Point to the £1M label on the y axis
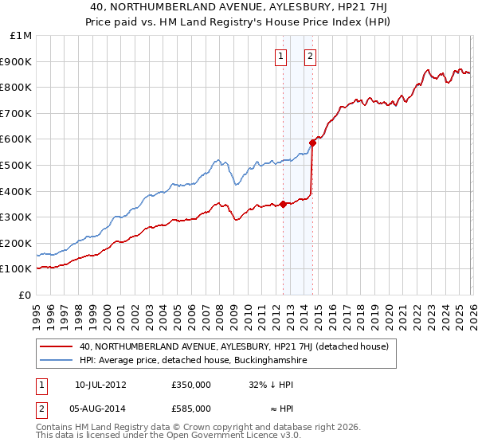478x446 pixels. (x=22, y=35)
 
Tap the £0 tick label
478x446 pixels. (x=26, y=295)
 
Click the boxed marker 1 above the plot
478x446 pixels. (x=282, y=56)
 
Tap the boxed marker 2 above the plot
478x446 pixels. (x=309, y=56)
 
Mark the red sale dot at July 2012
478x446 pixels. (x=283, y=204)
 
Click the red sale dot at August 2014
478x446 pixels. (x=312, y=143)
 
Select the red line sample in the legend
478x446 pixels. (x=57, y=346)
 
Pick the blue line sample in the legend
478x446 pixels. (x=57, y=361)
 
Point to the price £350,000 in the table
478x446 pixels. (x=191, y=384)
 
